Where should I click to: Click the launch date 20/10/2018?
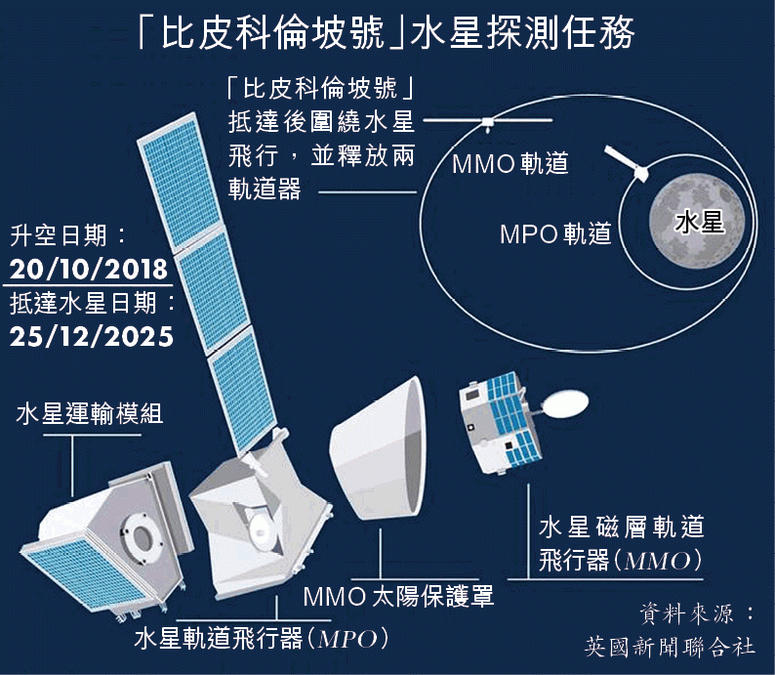click(89, 269)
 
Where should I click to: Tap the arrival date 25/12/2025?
click(92, 337)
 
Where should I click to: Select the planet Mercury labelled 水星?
click(697, 222)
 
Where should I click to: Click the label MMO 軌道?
click(510, 164)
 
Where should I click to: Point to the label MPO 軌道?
click(555, 233)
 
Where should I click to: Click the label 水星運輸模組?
click(90, 413)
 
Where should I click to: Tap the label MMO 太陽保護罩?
click(398, 597)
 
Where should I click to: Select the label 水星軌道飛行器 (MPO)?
click(262, 639)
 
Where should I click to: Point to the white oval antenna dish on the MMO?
click(565, 402)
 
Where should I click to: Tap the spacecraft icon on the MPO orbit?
click(627, 163)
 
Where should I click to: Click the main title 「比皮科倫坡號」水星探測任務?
click(387, 33)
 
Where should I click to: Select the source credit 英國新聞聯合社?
click(670, 647)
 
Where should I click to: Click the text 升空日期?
click(59, 235)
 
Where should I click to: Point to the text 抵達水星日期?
click(83, 303)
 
